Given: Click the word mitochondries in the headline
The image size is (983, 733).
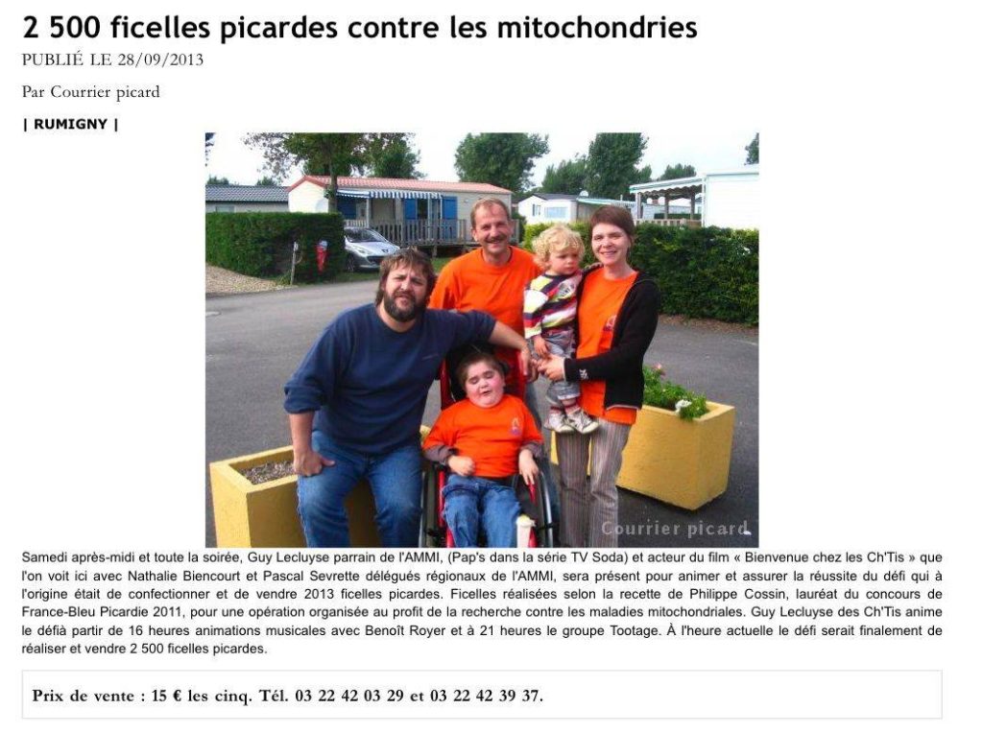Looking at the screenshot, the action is click(596, 28).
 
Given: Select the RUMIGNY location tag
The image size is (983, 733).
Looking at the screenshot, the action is click(70, 124).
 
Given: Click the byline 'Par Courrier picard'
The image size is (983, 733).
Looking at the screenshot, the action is click(90, 92).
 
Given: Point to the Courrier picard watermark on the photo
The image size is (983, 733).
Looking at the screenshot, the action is click(674, 529).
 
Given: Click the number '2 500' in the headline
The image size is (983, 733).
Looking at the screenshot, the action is click(58, 28).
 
